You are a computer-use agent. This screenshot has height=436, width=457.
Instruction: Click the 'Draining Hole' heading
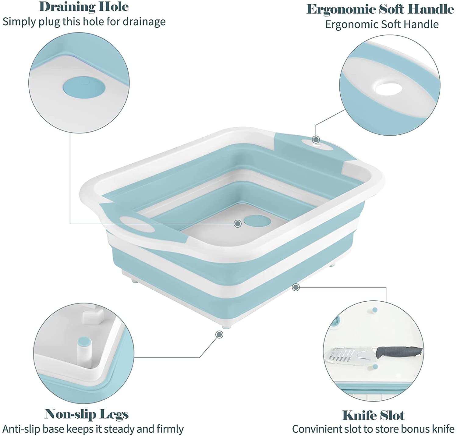[x=84, y=7]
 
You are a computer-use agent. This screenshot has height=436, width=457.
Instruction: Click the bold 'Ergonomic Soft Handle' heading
[x=380, y=9]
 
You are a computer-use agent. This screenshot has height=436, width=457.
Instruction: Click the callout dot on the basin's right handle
[x=316, y=140]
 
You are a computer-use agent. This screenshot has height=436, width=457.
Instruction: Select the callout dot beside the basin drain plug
[x=237, y=224]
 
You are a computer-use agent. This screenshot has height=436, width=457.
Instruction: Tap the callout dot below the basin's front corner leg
[x=219, y=335]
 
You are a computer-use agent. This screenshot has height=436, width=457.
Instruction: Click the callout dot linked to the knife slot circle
[x=296, y=287]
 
